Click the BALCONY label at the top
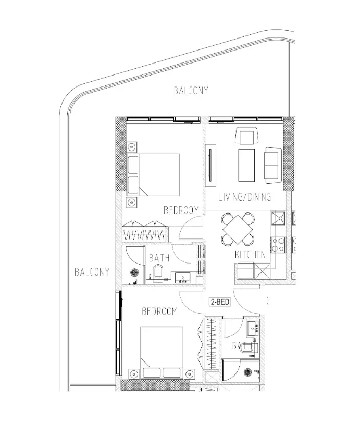191,91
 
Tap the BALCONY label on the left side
92,271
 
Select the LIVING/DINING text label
244,197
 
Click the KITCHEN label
251,255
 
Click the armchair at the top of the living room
245,136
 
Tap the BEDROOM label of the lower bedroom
159,311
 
